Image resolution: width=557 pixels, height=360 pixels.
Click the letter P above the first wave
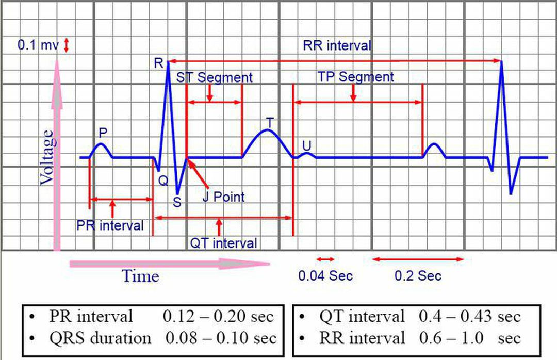click(103, 133)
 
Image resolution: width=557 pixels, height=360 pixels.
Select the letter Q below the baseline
click(163, 180)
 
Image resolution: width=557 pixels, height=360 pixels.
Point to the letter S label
click(177, 202)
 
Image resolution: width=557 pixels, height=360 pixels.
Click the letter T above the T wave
click(270, 122)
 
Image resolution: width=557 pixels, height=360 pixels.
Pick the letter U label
click(307, 145)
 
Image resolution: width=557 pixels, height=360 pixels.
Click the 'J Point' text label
click(223, 197)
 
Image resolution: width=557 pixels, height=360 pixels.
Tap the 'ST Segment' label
click(215, 77)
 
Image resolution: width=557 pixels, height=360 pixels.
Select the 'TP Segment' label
click(355, 77)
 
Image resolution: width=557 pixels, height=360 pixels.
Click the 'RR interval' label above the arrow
click(337, 45)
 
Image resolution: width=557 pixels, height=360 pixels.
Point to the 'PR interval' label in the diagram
click(110, 225)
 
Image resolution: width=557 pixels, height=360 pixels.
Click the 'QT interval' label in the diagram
click(223, 242)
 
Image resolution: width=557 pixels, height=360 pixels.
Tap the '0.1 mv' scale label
click(38, 45)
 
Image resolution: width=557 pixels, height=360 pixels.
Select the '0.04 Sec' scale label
click(325, 275)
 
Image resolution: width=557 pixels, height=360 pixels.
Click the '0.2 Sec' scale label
click(418, 275)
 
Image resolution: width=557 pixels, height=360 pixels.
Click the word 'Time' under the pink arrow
click(140, 276)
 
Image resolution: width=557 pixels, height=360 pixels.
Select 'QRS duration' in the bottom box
click(100, 338)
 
